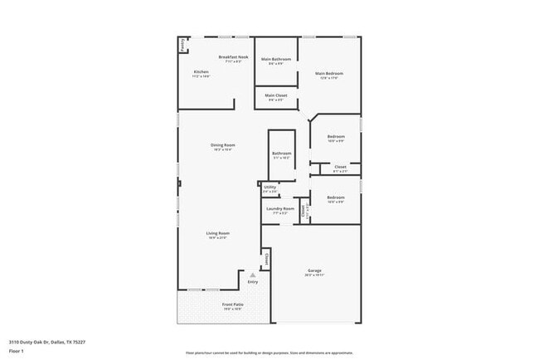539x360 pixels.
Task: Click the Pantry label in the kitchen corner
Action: pos(182,46)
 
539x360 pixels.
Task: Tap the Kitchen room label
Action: pos(202,72)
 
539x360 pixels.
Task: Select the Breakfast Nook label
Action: pos(233,56)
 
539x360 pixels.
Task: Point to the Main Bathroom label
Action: pos(275,59)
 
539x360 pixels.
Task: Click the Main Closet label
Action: pos(275,95)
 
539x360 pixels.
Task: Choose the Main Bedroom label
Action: pos(328,74)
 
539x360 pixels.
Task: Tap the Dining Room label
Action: pos(222,145)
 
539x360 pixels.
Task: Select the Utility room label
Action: pos(269,187)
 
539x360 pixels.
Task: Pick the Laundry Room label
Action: pos(279,208)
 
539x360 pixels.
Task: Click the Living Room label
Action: pos(217,233)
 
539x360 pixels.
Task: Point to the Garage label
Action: pos(314,270)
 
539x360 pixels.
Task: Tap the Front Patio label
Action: pos(232,304)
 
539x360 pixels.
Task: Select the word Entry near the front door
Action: pos(252,282)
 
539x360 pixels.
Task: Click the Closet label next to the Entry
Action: pos(266,260)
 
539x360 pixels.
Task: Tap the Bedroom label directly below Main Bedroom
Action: pos(335,136)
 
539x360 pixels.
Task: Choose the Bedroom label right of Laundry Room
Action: pos(335,197)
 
